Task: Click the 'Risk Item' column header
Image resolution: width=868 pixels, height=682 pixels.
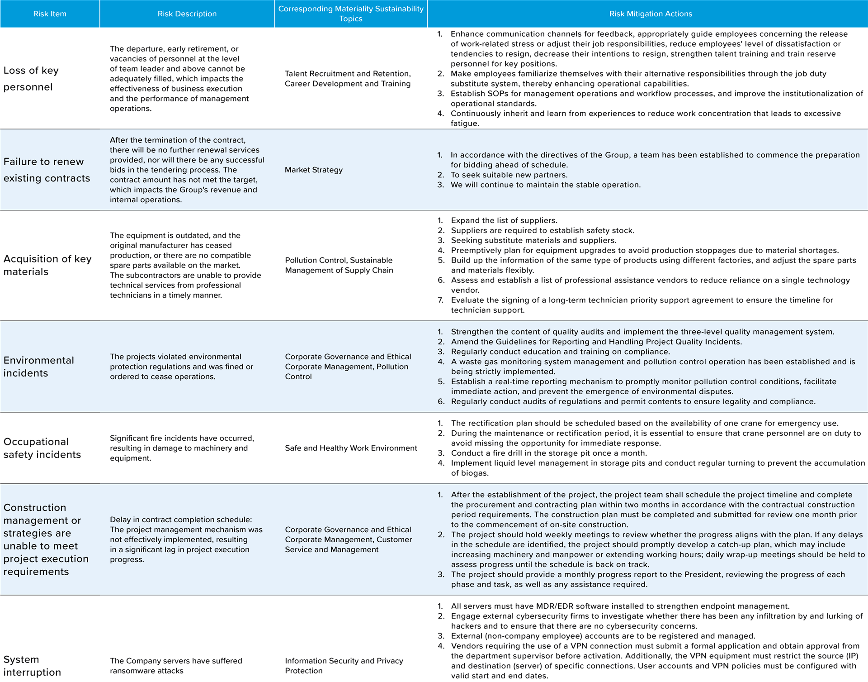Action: coord(50,14)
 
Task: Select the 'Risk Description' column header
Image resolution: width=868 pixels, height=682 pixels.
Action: coord(187,14)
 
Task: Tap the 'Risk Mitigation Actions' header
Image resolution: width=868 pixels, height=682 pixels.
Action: coord(650,14)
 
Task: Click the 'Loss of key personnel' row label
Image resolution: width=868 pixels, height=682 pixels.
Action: coord(31,79)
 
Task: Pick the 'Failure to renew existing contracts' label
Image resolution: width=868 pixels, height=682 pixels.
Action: coord(47,170)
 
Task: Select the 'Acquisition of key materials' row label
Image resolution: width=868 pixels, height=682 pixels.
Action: coord(47,265)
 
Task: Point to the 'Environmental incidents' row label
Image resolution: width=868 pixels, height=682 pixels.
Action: coord(39,367)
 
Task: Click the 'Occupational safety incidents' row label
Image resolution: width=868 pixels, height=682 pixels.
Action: coord(42,448)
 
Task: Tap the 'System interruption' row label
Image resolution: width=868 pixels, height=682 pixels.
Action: coord(32,666)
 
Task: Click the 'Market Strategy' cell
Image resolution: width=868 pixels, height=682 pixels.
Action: coord(314,170)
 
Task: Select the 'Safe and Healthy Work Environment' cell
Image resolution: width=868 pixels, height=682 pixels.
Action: coord(351,448)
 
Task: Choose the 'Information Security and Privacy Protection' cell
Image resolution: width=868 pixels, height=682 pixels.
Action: coord(344,666)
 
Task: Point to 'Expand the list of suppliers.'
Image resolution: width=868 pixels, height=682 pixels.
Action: coord(504,220)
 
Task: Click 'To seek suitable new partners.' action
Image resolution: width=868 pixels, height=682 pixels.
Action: coord(509,175)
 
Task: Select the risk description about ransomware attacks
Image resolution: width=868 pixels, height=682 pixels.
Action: coord(176,666)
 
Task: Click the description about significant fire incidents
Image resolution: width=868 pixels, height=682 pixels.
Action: coord(182,448)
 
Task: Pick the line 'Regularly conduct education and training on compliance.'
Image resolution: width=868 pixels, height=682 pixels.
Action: coord(561,352)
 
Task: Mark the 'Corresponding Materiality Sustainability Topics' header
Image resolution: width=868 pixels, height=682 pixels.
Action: coord(351,14)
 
